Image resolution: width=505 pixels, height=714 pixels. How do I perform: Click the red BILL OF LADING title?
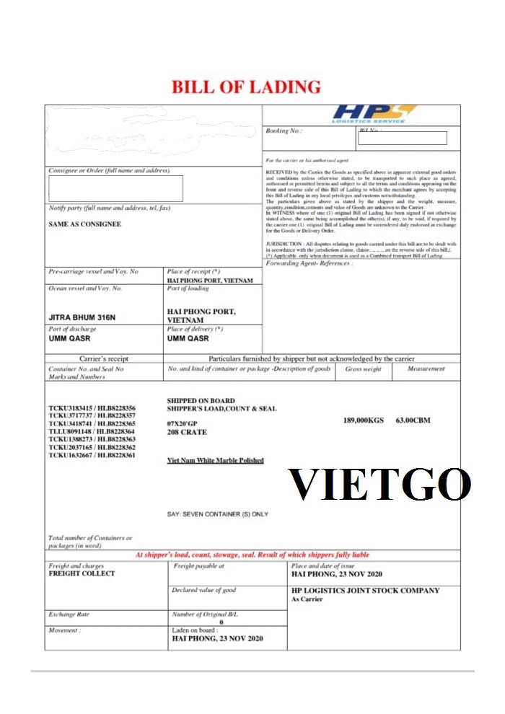[246, 87]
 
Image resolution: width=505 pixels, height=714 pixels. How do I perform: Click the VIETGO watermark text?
[380, 485]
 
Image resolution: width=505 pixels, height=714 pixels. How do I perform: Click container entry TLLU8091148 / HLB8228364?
[92, 431]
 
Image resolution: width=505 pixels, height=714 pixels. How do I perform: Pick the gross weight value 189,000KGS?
[364, 420]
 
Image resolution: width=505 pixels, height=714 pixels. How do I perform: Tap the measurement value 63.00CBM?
[413, 420]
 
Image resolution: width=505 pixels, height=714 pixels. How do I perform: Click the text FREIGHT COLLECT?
[82, 574]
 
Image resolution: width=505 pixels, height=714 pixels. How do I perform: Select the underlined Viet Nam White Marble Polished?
[215, 460]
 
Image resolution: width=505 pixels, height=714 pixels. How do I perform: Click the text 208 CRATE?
[187, 433]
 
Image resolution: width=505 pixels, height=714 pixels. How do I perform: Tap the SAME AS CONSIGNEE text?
[85, 224]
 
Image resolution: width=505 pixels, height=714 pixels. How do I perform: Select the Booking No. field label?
[284, 131]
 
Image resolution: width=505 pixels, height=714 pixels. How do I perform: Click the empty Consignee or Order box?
[115, 188]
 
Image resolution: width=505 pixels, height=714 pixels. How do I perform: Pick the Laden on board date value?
[217, 639]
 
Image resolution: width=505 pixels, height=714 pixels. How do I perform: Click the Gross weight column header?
[364, 369]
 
